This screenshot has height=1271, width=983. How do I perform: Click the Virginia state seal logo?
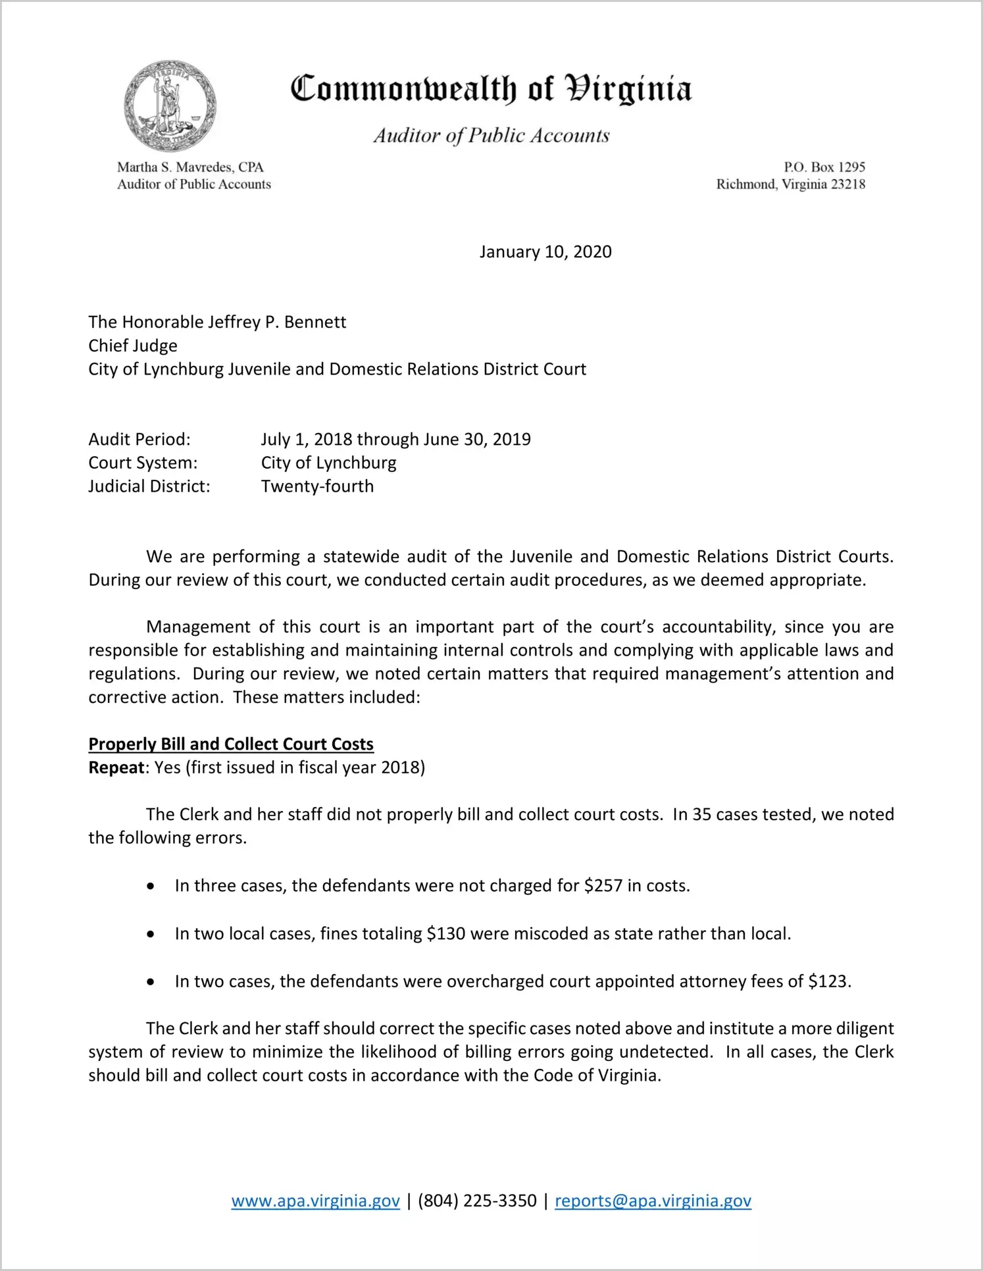(x=170, y=107)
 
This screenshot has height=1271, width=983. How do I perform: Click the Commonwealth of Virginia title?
(x=491, y=89)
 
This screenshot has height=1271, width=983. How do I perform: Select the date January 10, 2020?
(x=545, y=252)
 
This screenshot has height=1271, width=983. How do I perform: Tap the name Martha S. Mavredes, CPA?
(x=190, y=167)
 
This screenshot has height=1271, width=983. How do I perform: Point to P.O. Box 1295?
(x=824, y=167)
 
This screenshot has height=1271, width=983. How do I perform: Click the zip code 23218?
(x=848, y=184)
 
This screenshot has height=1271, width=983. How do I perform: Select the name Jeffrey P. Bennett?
(x=277, y=323)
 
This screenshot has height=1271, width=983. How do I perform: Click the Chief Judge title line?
(x=133, y=346)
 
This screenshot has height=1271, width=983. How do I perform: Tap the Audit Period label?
(x=139, y=440)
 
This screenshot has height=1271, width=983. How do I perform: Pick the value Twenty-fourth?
(x=317, y=486)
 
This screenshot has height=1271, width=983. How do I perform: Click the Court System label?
(x=143, y=463)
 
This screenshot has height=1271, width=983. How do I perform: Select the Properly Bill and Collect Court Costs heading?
(x=231, y=744)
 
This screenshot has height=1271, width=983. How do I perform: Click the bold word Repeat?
(x=116, y=768)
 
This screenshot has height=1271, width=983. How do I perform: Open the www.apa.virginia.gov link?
(x=315, y=1201)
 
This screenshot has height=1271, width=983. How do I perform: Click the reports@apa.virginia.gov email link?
(x=653, y=1201)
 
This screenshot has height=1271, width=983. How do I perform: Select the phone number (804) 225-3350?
(x=477, y=1201)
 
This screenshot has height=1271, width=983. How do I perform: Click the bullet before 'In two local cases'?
(x=151, y=935)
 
